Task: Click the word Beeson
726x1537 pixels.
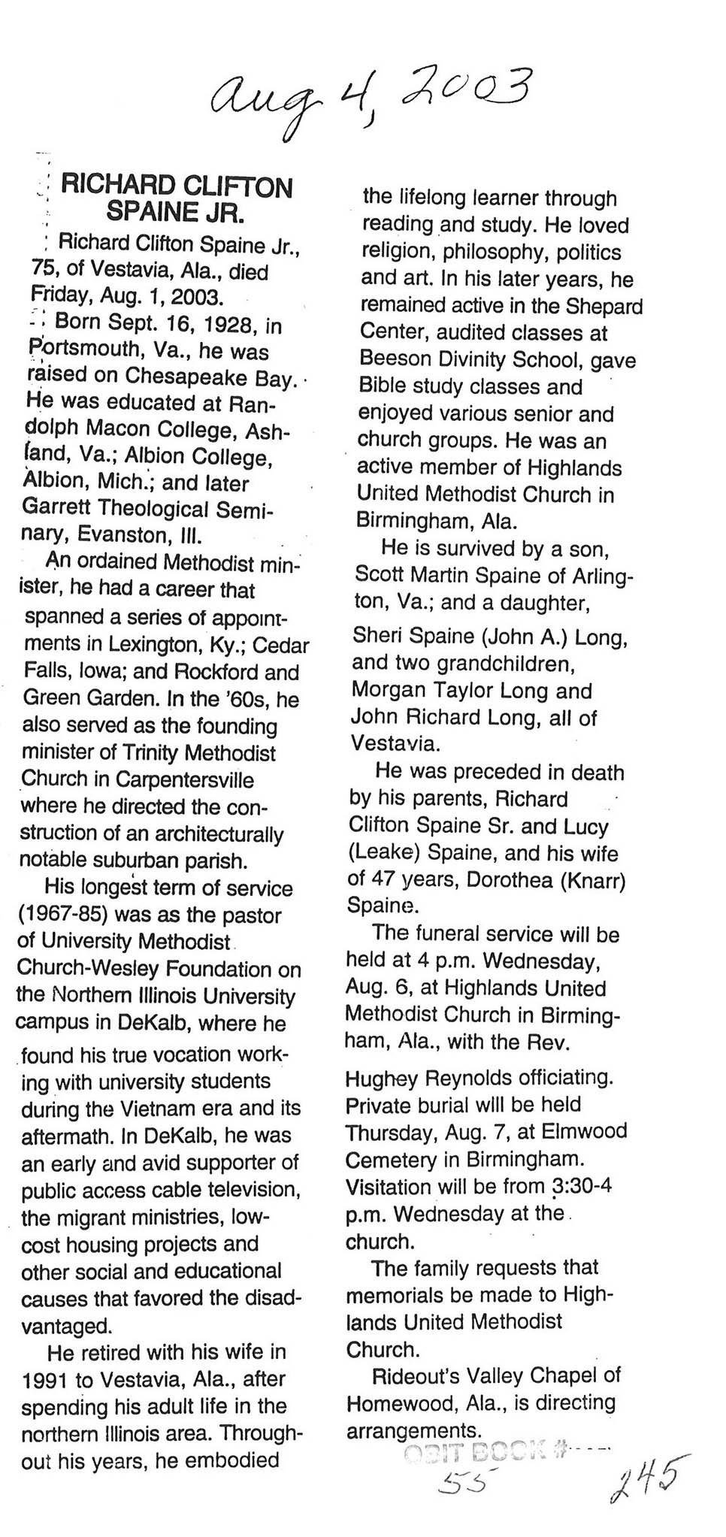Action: pyautogui.click(x=395, y=359)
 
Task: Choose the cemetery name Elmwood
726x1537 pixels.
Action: pyautogui.click(x=588, y=1132)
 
